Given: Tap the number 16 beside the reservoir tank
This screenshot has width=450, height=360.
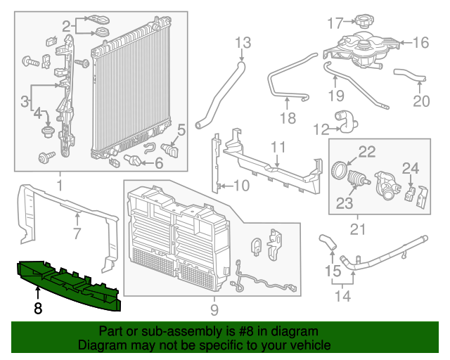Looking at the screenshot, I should [x=420, y=43].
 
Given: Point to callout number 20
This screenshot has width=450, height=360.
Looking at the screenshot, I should [x=420, y=101].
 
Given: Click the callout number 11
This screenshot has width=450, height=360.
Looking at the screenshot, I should [x=278, y=147].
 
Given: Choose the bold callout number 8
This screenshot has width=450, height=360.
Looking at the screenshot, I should [x=38, y=307].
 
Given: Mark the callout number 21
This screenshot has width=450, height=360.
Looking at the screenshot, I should [x=358, y=229].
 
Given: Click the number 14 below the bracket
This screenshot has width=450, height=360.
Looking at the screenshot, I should [x=342, y=296].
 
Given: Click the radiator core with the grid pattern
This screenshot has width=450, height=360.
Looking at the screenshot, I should [x=131, y=95].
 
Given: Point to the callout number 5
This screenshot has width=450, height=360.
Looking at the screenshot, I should [x=181, y=129].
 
